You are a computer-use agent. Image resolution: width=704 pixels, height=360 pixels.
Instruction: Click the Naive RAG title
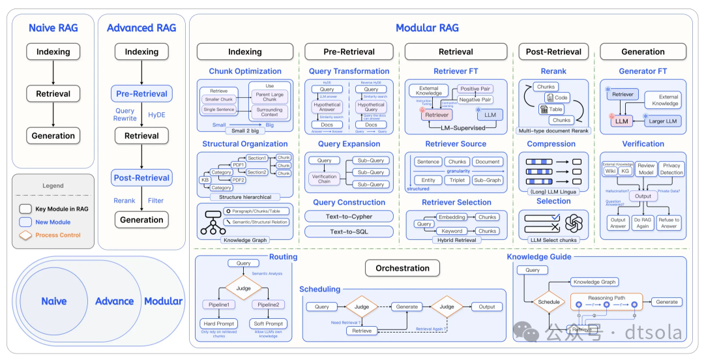53,28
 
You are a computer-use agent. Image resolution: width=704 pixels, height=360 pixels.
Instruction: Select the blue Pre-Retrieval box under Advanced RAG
141,93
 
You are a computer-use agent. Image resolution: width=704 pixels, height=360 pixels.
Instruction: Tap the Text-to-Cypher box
349,217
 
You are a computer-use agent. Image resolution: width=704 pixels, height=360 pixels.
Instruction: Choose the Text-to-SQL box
349,232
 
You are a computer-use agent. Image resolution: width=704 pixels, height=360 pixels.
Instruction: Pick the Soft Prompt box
269,323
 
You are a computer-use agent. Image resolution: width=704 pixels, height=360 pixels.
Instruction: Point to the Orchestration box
402,268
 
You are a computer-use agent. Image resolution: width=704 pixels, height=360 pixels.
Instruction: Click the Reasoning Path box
606,298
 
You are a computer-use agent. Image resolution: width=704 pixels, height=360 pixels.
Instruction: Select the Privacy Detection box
671,169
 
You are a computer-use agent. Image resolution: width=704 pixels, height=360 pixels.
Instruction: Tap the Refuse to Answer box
669,223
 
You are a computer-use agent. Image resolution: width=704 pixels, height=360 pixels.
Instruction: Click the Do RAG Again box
643,223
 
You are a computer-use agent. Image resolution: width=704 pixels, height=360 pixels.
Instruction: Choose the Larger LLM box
663,121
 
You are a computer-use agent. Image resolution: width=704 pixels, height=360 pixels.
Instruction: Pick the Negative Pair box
475,100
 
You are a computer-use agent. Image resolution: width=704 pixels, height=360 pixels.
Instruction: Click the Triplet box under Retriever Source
457,180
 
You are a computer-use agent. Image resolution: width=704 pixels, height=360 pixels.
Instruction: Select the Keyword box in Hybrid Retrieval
452,231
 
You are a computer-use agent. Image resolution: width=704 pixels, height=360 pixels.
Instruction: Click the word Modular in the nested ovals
163,301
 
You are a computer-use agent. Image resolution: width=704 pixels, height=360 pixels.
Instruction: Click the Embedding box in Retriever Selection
452,217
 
